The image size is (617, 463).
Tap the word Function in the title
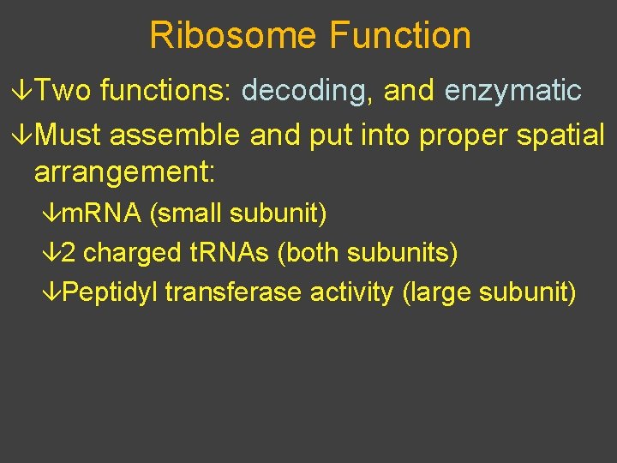(400, 36)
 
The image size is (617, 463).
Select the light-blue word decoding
(305, 90)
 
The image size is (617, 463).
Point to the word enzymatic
(513, 90)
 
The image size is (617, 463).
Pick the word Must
(71, 135)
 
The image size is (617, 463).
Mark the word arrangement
(124, 172)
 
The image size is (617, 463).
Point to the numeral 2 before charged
(69, 253)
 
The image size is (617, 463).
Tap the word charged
(133, 253)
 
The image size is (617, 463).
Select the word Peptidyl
(111, 292)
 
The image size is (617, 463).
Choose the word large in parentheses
(437, 292)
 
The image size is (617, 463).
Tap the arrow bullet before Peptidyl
(52, 292)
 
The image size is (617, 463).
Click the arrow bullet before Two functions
(25, 90)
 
